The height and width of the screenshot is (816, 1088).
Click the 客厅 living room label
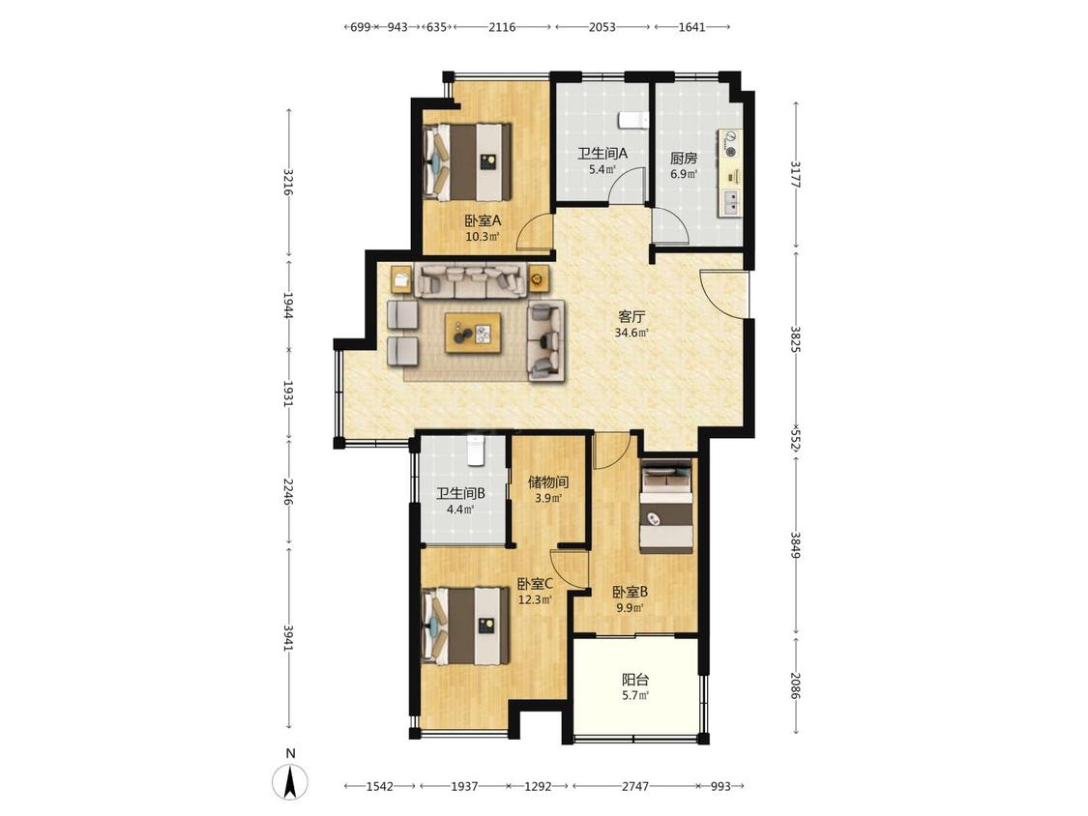tap(632, 317)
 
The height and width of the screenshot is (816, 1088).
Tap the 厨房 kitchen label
tap(684, 159)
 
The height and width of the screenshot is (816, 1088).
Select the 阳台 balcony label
tap(634, 680)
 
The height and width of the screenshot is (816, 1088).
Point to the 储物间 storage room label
tap(548, 481)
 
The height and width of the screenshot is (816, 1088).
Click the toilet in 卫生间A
tap(632, 119)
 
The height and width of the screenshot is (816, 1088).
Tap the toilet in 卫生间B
tap(475, 451)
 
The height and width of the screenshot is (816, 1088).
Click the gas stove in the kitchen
tap(730, 143)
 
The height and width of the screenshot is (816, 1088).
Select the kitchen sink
tap(731, 201)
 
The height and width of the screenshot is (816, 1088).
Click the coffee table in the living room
tap(473, 333)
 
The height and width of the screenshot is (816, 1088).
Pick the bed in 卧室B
tap(666, 508)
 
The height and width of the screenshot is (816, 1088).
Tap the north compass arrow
tap(291, 780)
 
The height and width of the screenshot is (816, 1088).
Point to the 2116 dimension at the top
tap(502, 27)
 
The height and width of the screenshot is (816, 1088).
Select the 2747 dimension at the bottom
tap(634, 786)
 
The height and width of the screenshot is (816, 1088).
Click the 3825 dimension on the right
tap(796, 338)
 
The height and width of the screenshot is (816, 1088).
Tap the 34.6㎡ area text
tap(632, 333)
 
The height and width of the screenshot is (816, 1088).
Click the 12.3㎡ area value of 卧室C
tap(535, 600)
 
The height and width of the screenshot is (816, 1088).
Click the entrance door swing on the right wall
tap(723, 292)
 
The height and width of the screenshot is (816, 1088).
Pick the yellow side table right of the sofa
tap(537, 279)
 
